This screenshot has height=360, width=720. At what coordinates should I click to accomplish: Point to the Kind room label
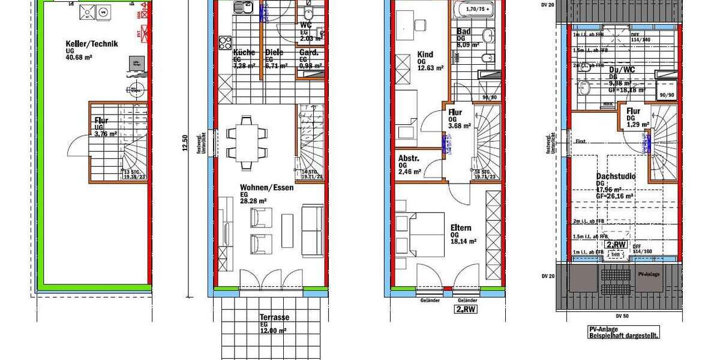click(425, 55)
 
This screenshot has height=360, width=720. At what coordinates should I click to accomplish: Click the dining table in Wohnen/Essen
click(248, 136)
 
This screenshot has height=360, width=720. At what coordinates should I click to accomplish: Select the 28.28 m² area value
click(253, 201)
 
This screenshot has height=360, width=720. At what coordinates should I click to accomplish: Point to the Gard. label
click(309, 52)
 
